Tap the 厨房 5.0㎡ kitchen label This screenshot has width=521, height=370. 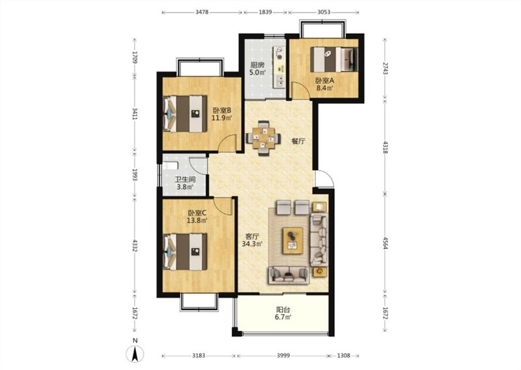click(x=257, y=68)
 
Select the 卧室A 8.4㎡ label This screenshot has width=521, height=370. click(x=324, y=84)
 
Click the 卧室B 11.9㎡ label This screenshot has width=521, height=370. click(x=221, y=114)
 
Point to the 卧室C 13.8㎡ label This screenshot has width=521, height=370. click(x=197, y=216)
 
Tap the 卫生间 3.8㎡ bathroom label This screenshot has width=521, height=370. click(x=185, y=183)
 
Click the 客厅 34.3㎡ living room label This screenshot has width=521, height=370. click(x=252, y=240)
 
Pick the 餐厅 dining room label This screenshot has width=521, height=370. click(x=298, y=141)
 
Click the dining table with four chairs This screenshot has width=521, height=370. click(x=263, y=138)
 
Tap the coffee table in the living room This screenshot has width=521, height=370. click(x=292, y=240)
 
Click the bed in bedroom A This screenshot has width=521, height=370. click(x=333, y=59)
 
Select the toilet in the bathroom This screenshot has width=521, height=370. click(x=171, y=165)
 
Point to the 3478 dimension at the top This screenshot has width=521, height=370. click(x=202, y=12)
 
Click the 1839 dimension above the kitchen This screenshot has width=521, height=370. click(x=265, y=12)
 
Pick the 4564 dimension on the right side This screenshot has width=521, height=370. click(x=385, y=243)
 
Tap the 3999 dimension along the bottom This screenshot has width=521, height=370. click(x=283, y=356)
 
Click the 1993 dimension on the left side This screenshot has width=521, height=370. click(x=135, y=175)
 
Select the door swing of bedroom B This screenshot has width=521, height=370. click(x=227, y=143)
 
